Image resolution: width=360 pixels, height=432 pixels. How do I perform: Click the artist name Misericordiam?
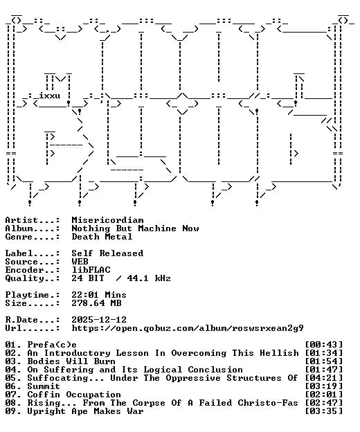[107, 220]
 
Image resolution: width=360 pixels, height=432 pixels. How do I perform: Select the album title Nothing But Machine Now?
[135, 228]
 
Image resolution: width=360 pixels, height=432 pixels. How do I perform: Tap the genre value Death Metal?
[102, 237]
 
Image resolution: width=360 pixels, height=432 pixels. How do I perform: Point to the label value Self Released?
[107, 253]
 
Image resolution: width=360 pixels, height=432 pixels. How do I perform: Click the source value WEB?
[80, 262]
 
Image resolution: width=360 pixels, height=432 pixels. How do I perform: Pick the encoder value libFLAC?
[91, 270]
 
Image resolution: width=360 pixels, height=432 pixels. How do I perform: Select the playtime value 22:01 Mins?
[99, 295]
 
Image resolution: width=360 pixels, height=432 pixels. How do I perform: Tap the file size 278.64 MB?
[96, 303]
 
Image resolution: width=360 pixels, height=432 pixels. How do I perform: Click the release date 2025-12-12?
[99, 320]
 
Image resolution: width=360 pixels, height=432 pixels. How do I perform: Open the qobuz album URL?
[188, 328]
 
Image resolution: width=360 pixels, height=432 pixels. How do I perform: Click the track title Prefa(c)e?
[52, 345]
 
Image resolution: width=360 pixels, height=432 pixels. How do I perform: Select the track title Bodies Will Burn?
[71, 361]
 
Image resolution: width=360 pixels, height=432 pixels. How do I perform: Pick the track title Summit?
[44, 386]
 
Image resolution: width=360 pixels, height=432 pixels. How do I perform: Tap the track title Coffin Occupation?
[74, 395]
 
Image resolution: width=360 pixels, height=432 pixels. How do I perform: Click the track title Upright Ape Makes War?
[85, 411]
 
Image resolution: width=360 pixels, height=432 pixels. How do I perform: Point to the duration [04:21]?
[324, 378]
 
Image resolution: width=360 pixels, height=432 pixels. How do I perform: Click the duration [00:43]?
[324, 345]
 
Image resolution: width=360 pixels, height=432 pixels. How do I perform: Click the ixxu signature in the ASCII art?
[49, 96]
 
